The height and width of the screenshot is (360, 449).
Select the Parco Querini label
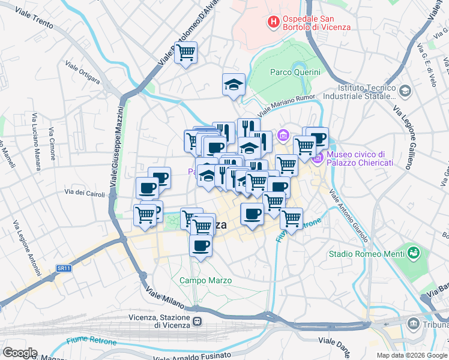click(295, 72)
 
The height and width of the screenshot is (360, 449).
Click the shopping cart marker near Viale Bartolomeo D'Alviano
click(186, 52)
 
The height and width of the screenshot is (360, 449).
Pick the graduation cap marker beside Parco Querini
click(234, 85)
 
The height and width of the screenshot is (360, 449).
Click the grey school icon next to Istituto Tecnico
click(405, 91)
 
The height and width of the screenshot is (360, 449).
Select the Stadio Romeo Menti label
click(364, 253)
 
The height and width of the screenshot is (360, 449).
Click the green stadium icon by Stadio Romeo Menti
click(412, 251)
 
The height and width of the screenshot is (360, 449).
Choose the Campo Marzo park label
click(205, 280)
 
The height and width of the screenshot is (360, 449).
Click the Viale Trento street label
click(34, 19)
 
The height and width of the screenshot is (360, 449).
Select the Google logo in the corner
click(20, 352)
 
